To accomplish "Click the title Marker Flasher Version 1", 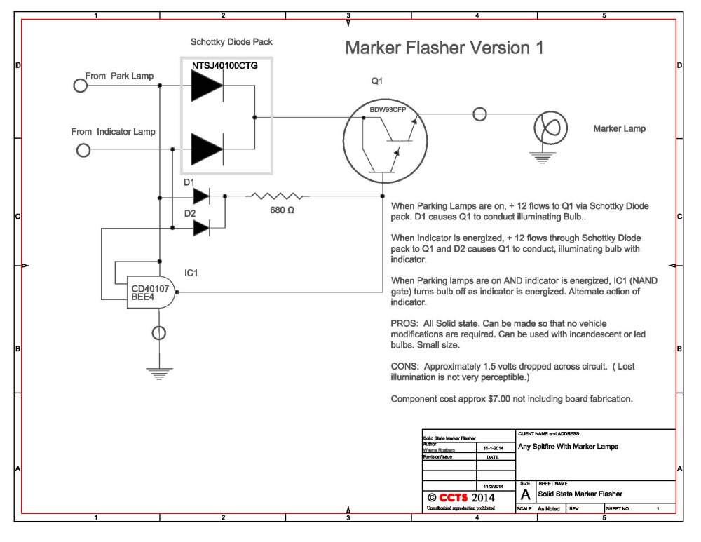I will [444, 48].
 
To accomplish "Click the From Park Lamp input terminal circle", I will [80, 86].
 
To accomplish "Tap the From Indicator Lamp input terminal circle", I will [83, 150].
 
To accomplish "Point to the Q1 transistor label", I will [376, 81].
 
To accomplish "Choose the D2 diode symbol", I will [201, 226].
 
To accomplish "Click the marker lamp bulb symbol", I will [547, 128].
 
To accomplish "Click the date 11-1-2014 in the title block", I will [494, 447].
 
